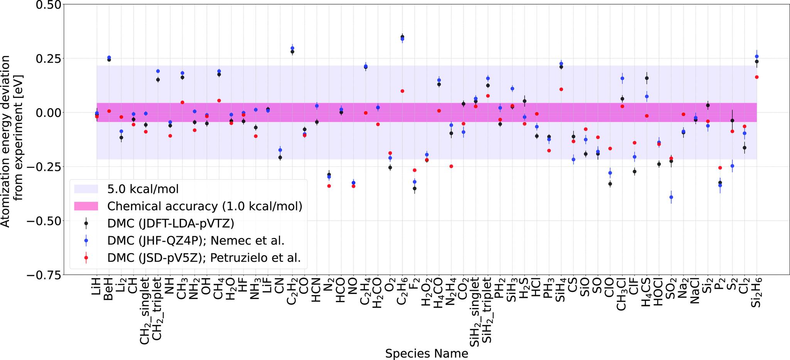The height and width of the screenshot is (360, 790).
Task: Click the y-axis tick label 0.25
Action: [x=44, y=59]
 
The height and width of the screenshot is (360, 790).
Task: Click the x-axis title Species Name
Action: [x=427, y=353]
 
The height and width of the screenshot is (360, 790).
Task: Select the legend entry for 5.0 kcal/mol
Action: [x=143, y=189]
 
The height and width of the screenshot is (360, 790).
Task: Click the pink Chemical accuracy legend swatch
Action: [x=86, y=206]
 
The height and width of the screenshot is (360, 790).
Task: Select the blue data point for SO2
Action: [x=671, y=197]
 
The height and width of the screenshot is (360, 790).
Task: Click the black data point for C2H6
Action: [x=402, y=37]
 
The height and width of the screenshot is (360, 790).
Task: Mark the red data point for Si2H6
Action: [x=757, y=77]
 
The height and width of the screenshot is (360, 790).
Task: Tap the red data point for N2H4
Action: [x=451, y=166]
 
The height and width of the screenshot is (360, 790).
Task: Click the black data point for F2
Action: [x=415, y=188]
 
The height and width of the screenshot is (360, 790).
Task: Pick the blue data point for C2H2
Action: [x=292, y=48]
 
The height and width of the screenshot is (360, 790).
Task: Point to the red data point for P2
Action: [x=720, y=168]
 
